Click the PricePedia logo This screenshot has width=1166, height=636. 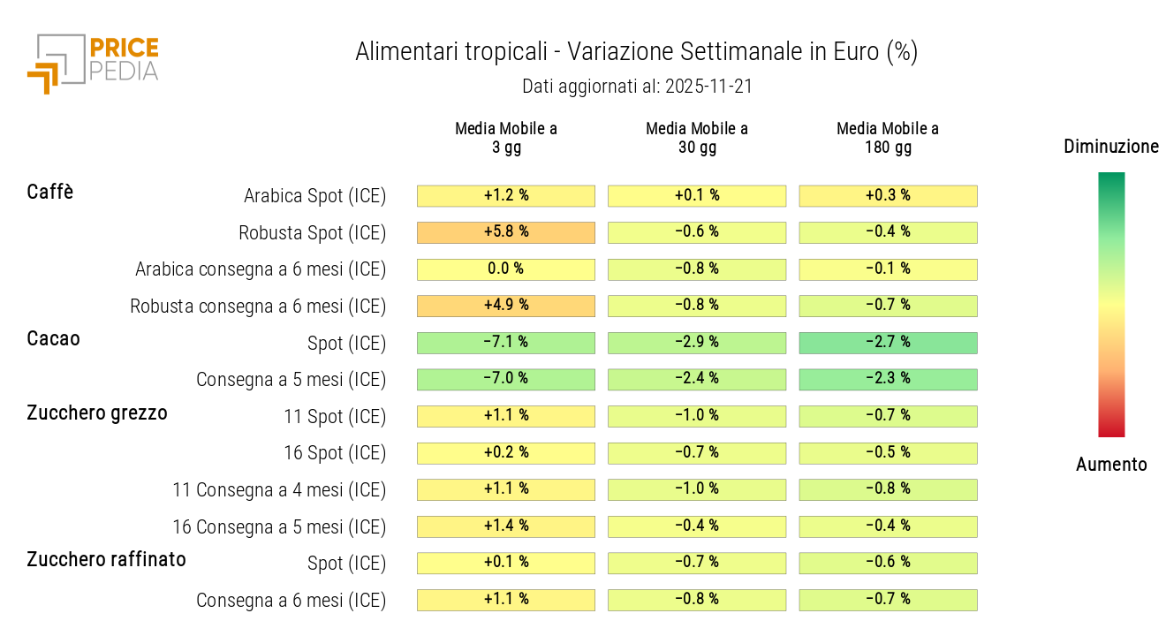[93, 62]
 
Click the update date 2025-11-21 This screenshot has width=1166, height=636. [709, 87]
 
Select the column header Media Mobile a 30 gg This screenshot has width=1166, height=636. [697, 138]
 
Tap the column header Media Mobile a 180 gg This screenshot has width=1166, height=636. [888, 138]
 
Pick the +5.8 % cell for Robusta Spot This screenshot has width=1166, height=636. [506, 232]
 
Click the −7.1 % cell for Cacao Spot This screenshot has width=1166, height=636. [506, 343]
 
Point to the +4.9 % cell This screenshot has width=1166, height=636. [506, 306]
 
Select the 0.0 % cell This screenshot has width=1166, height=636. [506, 269]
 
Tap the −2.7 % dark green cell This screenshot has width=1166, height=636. [888, 343]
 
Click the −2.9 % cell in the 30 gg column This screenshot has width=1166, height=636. [697, 343]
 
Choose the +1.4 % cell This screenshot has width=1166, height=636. [506, 526]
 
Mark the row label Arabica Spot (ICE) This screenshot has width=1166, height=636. [314, 196]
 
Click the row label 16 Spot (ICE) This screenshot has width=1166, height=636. [335, 453]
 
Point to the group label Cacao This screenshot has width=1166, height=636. [53, 338]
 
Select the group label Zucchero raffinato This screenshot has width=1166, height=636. [106, 559]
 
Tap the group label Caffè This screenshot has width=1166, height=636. [50, 192]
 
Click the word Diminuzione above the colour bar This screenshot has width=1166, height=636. [1111, 147]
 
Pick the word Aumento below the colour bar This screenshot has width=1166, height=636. [1111, 465]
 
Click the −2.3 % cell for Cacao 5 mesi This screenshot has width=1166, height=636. [888, 379]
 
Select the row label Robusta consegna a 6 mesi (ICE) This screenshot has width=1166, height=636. [258, 307]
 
